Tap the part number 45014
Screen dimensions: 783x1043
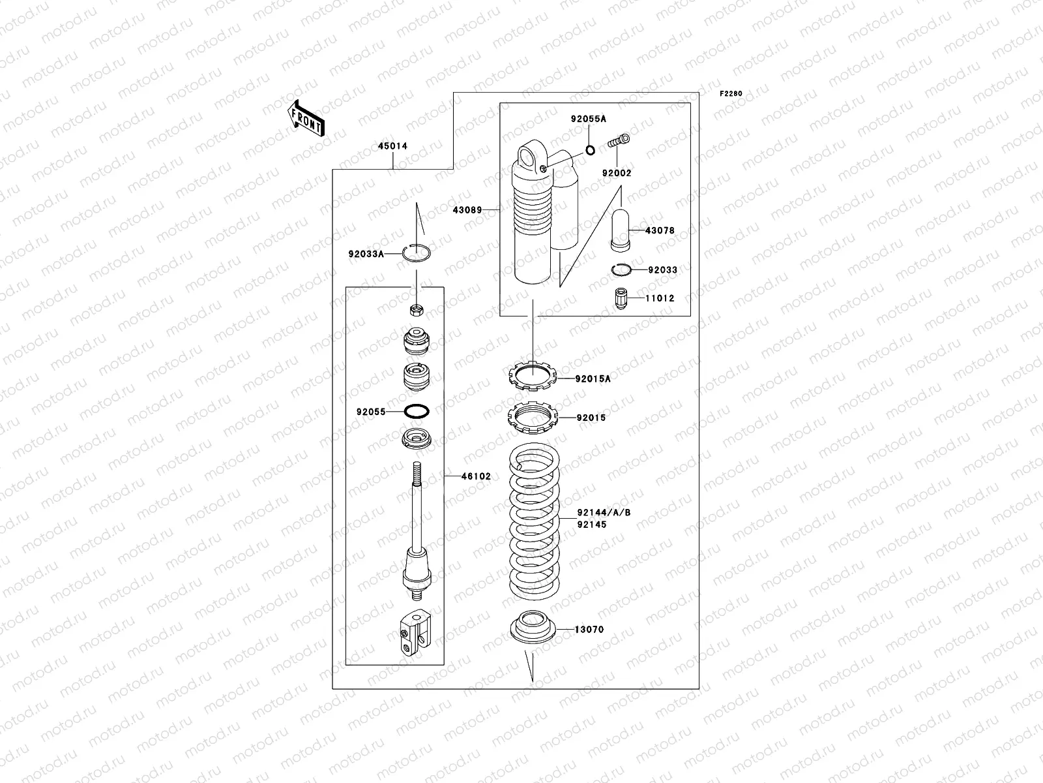click(x=393, y=146)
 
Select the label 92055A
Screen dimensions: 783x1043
click(x=588, y=119)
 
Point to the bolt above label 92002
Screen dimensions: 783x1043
click(x=620, y=140)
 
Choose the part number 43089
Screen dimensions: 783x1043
click(x=467, y=210)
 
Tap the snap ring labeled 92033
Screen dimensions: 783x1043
click(x=621, y=269)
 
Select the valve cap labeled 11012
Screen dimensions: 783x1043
click(x=622, y=299)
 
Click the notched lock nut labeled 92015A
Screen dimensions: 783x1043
click(x=532, y=376)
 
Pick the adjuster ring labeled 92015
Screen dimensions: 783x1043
click(x=532, y=417)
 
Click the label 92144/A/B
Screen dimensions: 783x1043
click(x=604, y=513)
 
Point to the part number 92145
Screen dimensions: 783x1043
click(x=591, y=524)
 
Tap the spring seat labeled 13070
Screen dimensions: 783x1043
click(x=533, y=626)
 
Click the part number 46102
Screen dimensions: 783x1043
click(x=476, y=476)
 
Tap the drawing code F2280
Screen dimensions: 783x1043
click(x=731, y=94)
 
